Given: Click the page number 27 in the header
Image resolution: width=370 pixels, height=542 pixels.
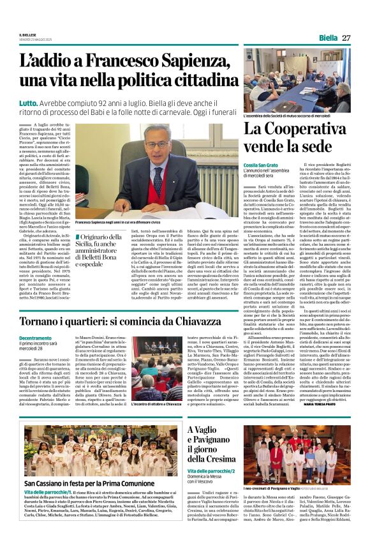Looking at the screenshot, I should [346, 38].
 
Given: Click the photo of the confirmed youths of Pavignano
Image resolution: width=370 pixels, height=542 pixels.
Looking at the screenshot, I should [297, 447].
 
